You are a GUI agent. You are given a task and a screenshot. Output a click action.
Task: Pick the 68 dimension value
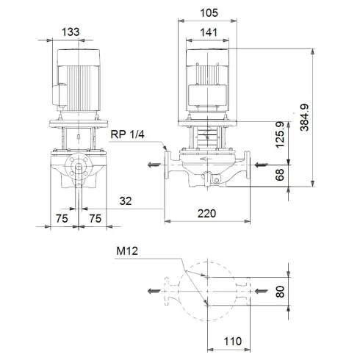click(279, 174)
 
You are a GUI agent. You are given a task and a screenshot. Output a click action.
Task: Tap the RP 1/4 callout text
click(126, 134)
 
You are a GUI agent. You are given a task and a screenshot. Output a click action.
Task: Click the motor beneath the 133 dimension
click(76, 81)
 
